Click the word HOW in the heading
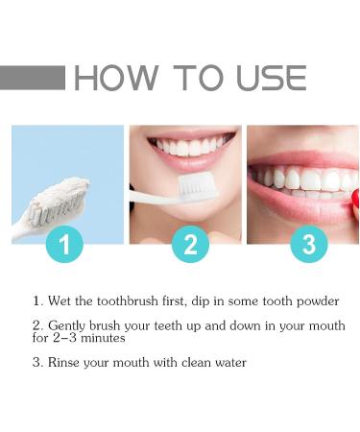click(x=115, y=78)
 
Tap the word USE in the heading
click(x=272, y=78)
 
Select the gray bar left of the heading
click(x=33, y=78)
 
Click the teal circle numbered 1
click(x=64, y=244)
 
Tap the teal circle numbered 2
click(x=190, y=244)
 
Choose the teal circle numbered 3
click(x=309, y=244)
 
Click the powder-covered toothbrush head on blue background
click(x=60, y=201)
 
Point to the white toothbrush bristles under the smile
click(x=198, y=186)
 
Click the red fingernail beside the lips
click(x=355, y=203)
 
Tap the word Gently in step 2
click(x=67, y=326)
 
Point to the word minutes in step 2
click(x=103, y=338)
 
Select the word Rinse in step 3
click(x=63, y=363)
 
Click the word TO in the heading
click(x=198, y=78)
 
